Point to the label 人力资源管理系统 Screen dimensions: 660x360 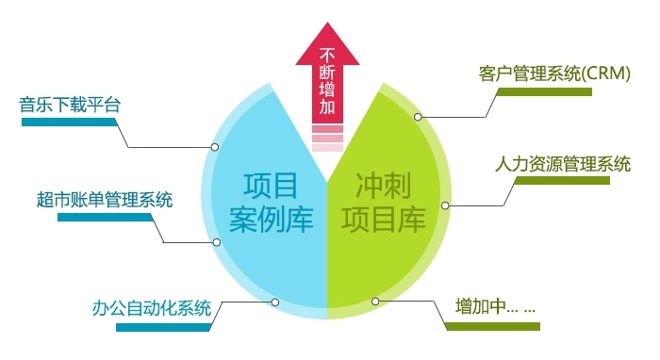[x=563, y=162]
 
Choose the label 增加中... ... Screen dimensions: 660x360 [x=495, y=307]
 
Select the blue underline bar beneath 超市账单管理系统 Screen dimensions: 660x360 [x=105, y=218]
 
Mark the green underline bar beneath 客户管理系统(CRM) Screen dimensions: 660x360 [x=544, y=91]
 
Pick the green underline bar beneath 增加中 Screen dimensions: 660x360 [x=492, y=326]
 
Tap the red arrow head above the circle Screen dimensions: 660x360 [x=327, y=44]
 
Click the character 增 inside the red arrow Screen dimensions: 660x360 [x=327, y=90]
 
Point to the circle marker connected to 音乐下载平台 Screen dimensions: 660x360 [x=215, y=147]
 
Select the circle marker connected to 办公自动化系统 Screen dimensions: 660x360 [x=275, y=302]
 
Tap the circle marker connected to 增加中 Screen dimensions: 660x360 [x=375, y=302]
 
